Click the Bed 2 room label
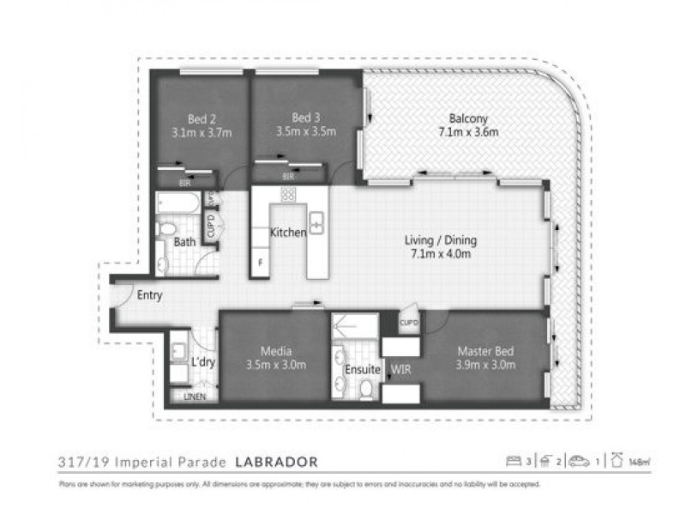click(202, 119)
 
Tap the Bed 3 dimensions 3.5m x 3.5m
click(306, 132)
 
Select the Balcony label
click(467, 118)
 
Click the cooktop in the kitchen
click(288, 195)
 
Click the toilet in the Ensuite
click(366, 389)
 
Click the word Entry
click(150, 295)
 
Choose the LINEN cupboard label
click(195, 397)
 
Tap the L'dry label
click(203, 362)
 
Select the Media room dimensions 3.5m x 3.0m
click(275, 365)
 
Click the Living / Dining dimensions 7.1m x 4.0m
click(440, 254)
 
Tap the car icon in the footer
click(581, 462)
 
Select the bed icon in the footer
click(514, 462)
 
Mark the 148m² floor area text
click(639, 463)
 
